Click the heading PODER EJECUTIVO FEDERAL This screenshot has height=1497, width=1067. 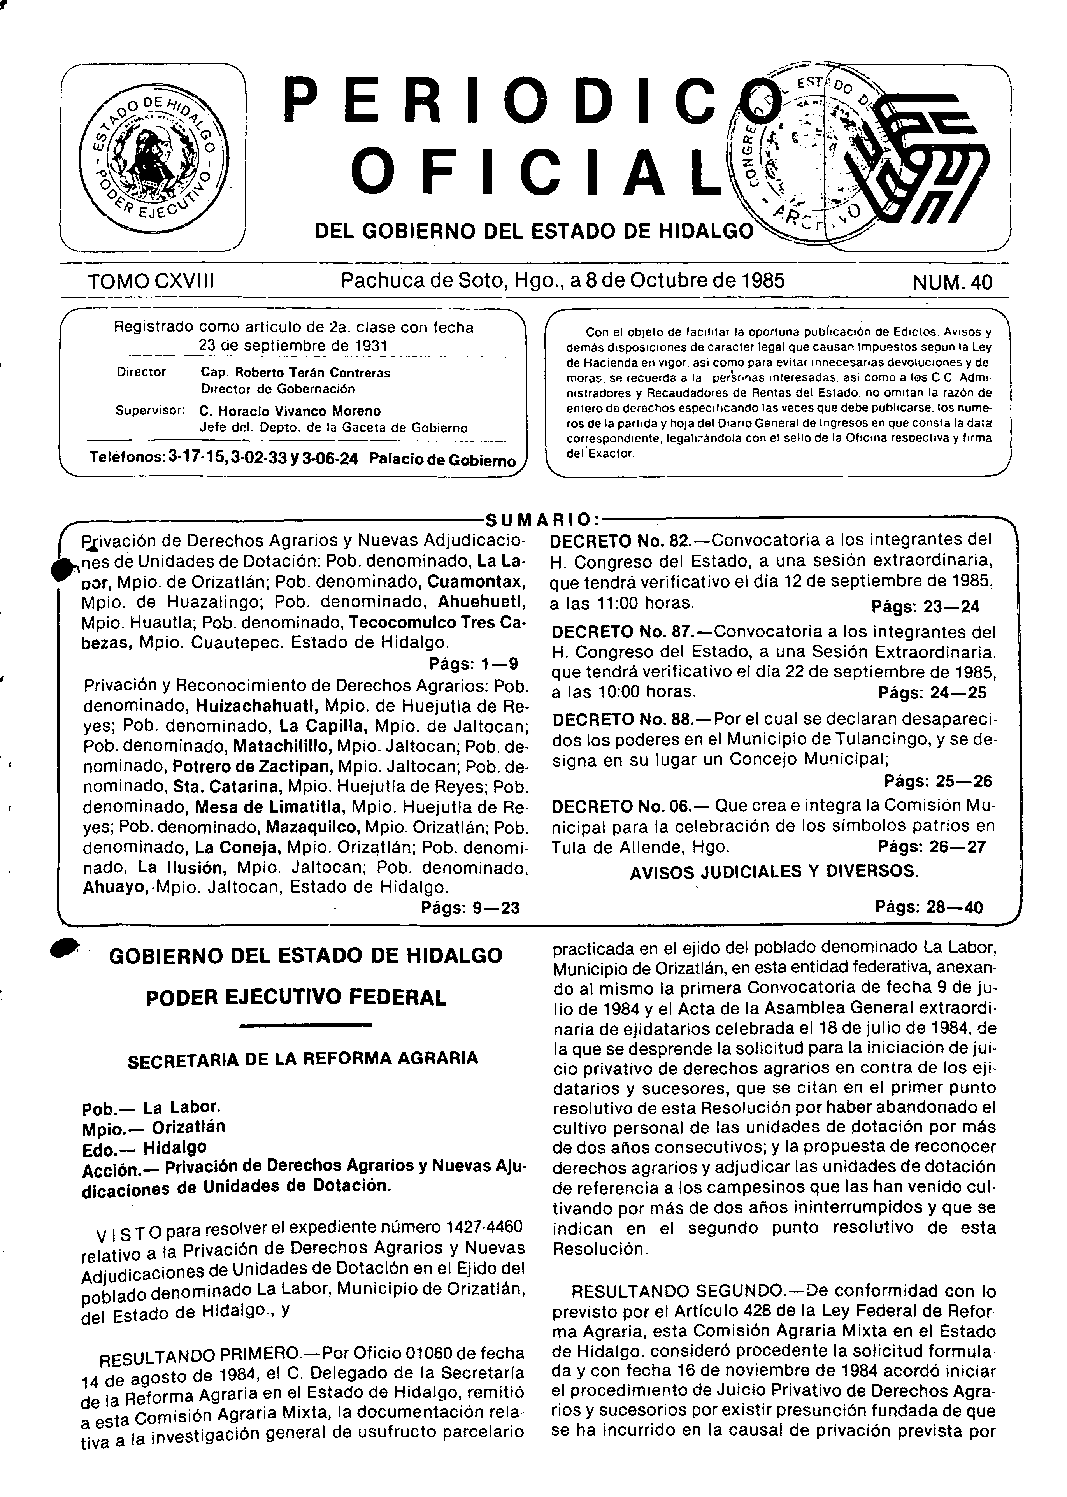[296, 999]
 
